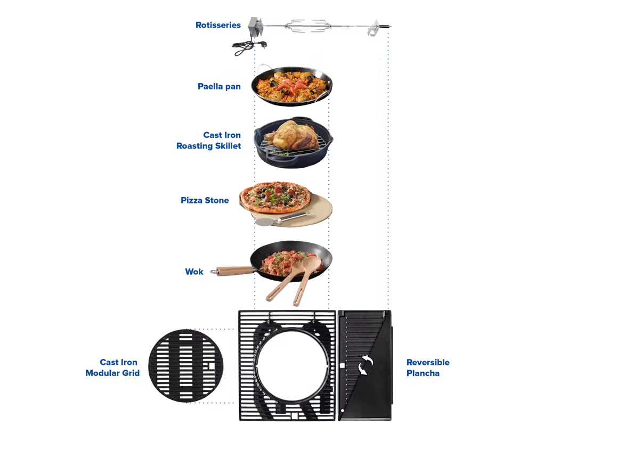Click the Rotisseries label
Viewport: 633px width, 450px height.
218,25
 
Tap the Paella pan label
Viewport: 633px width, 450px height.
218,86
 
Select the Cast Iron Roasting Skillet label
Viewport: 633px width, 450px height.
209,141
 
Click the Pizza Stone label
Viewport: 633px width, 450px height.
205,201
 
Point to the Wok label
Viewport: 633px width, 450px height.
194,272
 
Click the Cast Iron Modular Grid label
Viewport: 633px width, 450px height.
113,368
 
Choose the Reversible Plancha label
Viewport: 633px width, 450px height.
428,368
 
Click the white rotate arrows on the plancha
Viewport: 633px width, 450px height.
365,365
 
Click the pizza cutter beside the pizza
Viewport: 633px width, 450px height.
283,217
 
